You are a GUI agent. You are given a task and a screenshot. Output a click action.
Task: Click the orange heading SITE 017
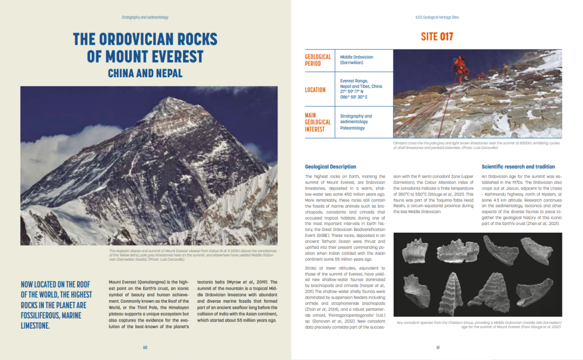tap(437, 37)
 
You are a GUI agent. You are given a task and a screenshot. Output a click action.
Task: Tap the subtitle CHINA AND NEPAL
tap(145, 73)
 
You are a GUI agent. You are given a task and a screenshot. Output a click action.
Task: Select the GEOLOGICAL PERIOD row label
tap(318, 60)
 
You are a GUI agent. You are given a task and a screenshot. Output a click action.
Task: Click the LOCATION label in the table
tap(315, 90)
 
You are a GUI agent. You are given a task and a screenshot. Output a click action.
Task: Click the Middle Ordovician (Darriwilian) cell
tap(356, 60)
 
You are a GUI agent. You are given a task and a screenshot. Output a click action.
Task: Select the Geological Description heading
tap(330, 167)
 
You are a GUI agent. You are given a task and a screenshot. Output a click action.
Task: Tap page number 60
tap(145, 347)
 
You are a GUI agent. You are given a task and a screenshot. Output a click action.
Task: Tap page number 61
tap(438, 347)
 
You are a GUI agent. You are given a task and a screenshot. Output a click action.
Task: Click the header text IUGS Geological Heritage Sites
tap(437, 17)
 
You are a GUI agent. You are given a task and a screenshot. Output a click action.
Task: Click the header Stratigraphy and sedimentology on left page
tap(145, 17)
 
